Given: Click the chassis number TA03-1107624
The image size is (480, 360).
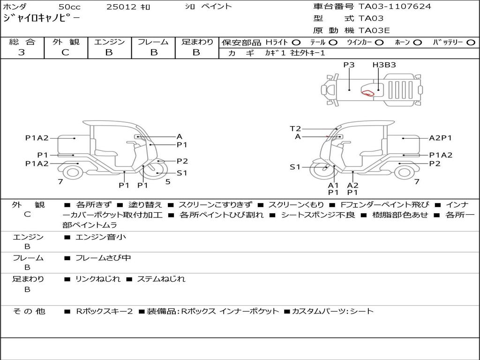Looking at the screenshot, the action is coord(395,7).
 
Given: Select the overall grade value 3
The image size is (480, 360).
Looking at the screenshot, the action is coord(22,52).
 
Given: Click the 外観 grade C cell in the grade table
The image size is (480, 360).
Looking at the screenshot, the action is coord(66,52).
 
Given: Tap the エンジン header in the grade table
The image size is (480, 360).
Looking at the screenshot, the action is coord(109,42).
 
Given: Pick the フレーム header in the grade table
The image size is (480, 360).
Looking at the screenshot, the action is coord(153,42).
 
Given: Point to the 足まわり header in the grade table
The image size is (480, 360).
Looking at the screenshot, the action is coord(197,42).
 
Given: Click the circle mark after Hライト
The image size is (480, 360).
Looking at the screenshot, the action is coord(296,42).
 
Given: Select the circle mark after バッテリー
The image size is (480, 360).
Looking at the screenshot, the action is coord(471,42).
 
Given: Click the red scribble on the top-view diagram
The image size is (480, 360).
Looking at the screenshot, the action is coord(368,92).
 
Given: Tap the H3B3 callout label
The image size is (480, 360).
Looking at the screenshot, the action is coord(384,65).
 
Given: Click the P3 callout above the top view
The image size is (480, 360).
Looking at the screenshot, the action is coord(349,65).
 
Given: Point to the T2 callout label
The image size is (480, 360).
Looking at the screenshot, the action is coord(295,128).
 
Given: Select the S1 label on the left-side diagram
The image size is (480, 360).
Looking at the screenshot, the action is coord(182,173).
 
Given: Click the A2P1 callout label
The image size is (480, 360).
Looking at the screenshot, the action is coord(440,138).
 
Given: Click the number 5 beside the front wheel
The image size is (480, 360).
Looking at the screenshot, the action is coord(168,181).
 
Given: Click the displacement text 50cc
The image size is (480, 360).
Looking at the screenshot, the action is coord(69,7).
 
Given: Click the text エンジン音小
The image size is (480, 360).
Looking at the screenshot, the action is coord(101,237).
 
